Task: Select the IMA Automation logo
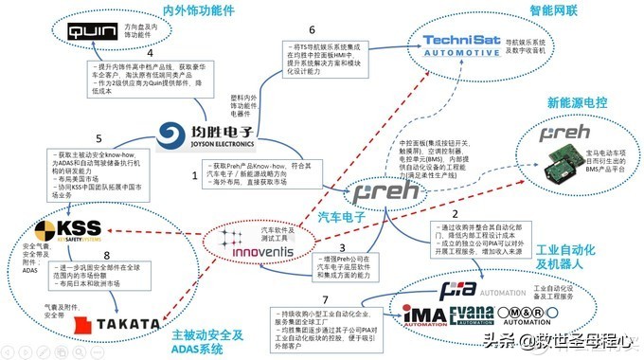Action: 423,310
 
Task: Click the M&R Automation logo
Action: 524,311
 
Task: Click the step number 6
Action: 311,30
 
